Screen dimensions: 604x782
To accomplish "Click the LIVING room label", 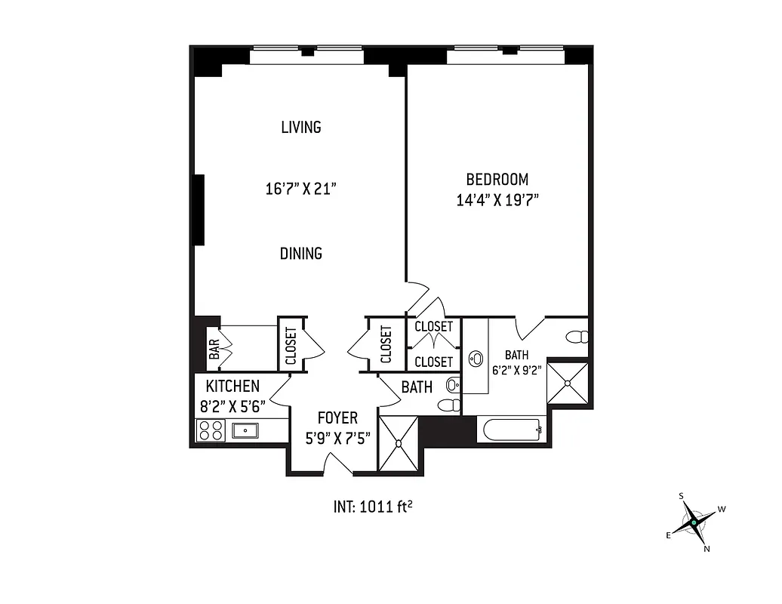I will [301, 127].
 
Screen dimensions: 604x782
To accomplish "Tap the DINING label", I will [301, 254].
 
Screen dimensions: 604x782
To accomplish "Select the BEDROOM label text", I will [497, 180].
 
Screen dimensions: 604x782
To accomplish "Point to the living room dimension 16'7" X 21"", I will [300, 189].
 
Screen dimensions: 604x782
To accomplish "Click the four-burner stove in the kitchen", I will [210, 430].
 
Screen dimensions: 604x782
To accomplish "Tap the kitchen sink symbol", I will [245, 430].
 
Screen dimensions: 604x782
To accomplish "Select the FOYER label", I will [337, 418].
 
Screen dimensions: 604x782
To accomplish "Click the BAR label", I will [214, 348].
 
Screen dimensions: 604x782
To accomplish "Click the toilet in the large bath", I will [577, 337].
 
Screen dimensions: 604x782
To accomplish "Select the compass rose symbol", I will [693, 522].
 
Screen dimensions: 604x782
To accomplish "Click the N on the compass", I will [707, 549].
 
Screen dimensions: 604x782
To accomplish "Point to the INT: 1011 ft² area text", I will [372, 506].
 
